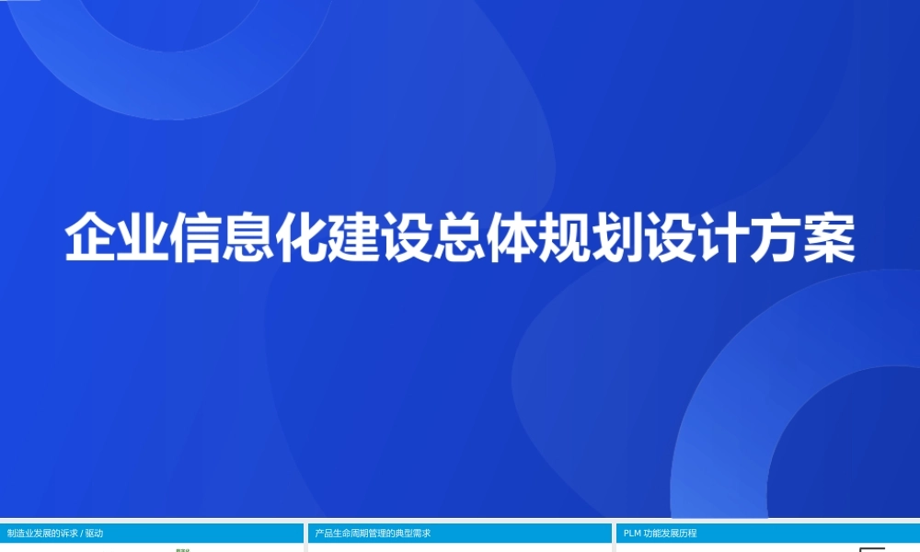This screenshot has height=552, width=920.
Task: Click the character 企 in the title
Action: coord(91,238)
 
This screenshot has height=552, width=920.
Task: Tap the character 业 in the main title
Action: coord(144,238)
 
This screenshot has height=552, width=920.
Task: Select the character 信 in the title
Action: coord(197,238)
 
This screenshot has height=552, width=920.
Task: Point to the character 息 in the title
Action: coord(249,238)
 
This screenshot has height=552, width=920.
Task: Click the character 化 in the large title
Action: coord(302,238)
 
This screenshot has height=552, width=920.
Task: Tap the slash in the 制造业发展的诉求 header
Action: coord(81,534)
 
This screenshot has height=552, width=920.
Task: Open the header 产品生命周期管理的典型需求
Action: coord(373,534)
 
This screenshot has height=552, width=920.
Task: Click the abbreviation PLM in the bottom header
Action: coord(632,534)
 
